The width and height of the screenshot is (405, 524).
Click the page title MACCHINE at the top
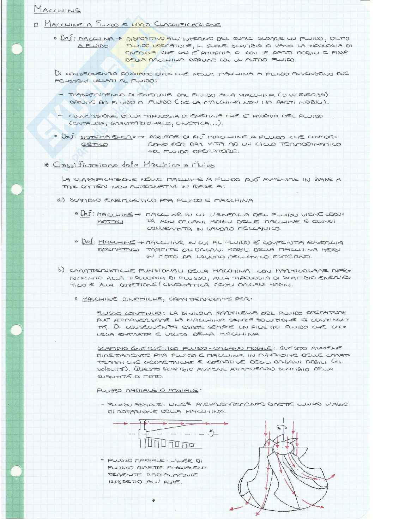[x=57, y=9]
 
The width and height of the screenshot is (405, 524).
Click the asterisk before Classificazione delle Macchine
[x=46, y=165]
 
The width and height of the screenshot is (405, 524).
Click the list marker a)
[x=61, y=200]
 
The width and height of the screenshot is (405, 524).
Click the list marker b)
[x=61, y=270]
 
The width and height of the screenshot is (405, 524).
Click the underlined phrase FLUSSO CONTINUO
[x=129, y=313]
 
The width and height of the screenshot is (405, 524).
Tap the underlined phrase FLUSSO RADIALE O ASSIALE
[x=147, y=390]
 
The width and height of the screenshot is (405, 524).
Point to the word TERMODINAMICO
[x=314, y=144]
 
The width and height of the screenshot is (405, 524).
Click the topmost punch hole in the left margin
[x=17, y=49]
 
